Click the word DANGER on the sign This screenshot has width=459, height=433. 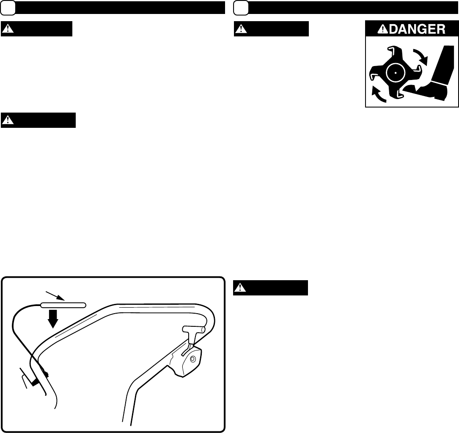click(x=416, y=29)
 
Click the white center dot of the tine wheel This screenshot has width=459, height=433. click(x=395, y=73)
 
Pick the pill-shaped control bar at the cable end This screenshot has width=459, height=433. click(x=63, y=304)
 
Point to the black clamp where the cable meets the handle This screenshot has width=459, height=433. click(x=36, y=380)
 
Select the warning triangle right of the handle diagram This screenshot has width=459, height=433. click(x=240, y=288)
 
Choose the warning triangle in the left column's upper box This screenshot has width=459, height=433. click(x=8, y=29)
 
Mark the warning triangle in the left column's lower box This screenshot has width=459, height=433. click(x=8, y=120)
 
